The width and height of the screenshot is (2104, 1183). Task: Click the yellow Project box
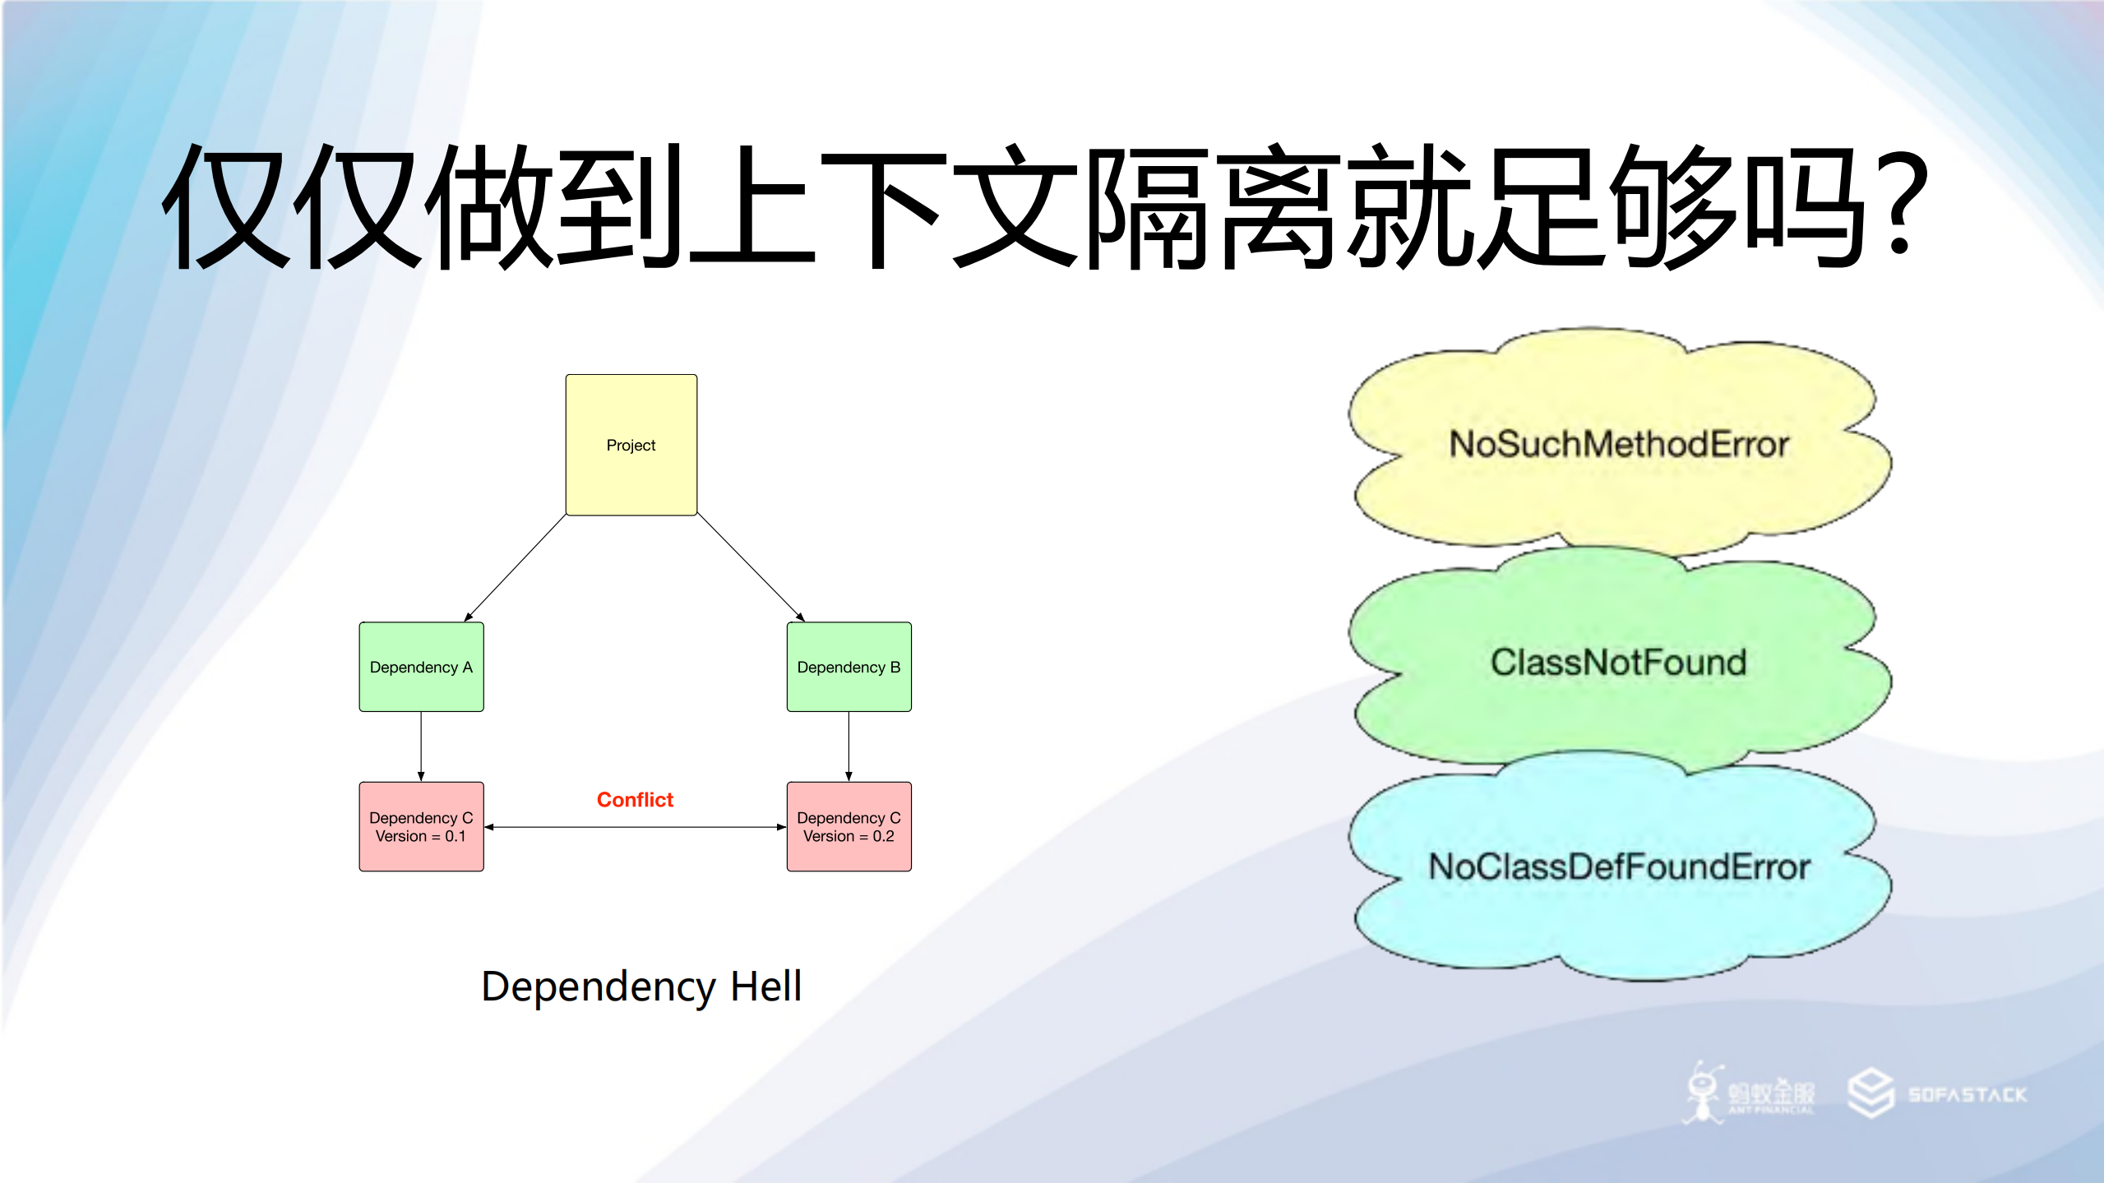point(631,445)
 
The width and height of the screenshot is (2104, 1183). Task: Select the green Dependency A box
point(421,667)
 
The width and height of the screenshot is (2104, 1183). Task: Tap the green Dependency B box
point(849,667)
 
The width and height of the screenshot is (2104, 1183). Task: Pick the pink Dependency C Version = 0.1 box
point(421,826)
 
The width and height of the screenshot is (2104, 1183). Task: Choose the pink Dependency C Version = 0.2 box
point(849,826)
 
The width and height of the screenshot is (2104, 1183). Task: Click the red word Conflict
point(635,800)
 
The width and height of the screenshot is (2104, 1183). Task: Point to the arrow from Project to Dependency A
point(516,568)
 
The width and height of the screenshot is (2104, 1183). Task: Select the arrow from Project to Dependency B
point(750,567)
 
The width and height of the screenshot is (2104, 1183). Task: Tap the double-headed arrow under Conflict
point(635,827)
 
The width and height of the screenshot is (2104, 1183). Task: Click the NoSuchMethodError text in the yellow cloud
point(1618,444)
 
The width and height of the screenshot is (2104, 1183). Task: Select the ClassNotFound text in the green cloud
point(1618,663)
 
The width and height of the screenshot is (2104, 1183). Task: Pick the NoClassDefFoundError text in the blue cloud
point(1618,867)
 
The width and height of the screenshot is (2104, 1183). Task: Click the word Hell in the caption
point(765,987)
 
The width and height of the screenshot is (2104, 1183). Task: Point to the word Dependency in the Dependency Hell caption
point(599,987)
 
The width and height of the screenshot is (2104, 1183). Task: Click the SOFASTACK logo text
point(1967,1095)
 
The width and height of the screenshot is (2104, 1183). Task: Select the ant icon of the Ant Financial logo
point(1702,1093)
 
